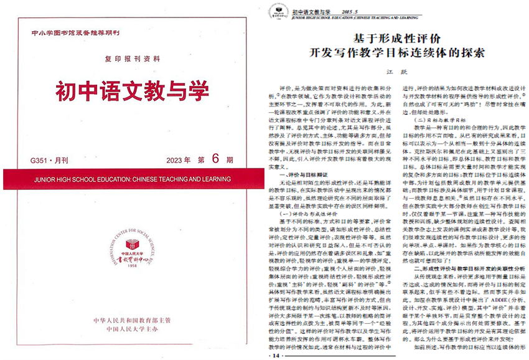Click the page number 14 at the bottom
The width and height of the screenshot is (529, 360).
click(x=276, y=355)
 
